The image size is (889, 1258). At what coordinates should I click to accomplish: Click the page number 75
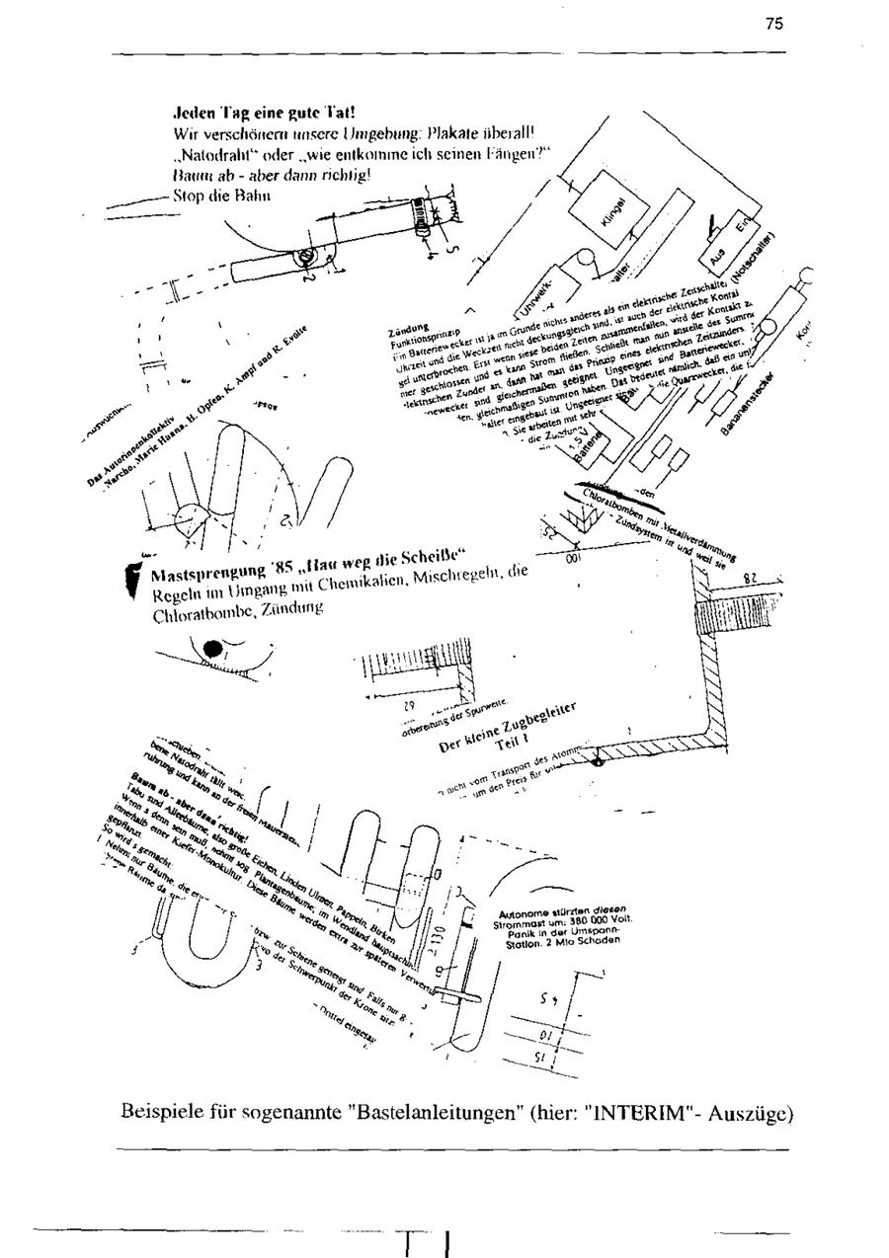click(x=773, y=25)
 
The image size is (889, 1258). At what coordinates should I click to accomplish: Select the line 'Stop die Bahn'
click(x=215, y=195)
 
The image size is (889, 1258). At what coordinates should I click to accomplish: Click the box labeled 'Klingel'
click(x=613, y=208)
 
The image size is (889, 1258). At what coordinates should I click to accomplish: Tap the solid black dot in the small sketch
click(x=212, y=649)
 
